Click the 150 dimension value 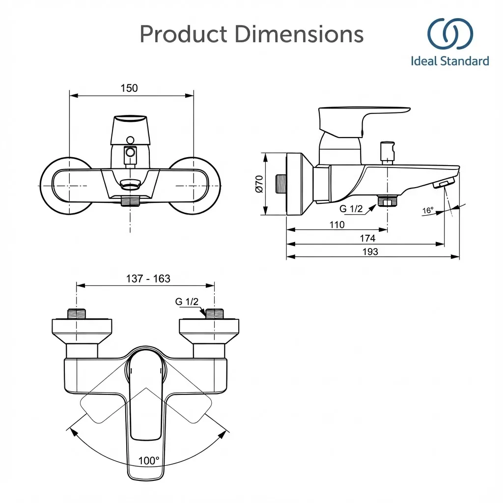coord(129,88)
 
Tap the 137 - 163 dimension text coord(148,279)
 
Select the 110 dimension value coord(337,224)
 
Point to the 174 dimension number coord(367,238)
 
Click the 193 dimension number coord(370,251)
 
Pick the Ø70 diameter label coord(259,184)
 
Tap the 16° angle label coord(428,210)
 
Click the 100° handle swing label coord(149,461)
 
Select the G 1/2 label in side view coord(351,208)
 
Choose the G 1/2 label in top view coord(187,302)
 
